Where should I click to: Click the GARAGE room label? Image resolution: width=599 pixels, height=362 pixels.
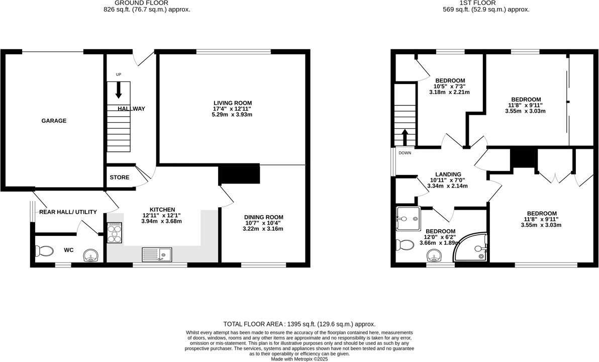tap(54, 121)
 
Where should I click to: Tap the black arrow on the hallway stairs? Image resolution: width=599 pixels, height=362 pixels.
tap(119, 90)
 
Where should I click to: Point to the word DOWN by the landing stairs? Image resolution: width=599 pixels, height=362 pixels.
tap(405, 153)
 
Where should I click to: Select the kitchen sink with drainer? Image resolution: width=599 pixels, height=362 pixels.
tap(157, 255)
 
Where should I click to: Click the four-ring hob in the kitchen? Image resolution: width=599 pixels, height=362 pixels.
tap(115, 233)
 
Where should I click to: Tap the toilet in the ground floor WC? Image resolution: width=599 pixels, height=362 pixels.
tap(44, 250)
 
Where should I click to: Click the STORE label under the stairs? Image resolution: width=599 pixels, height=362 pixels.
tap(119, 177)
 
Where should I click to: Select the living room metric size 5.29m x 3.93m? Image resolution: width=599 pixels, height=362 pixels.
tap(232, 115)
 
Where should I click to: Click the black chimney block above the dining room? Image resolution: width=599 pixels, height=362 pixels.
tap(239, 174)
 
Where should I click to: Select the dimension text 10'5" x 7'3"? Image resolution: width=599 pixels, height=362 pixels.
tap(450, 86)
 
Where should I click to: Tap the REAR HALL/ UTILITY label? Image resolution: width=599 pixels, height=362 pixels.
tap(68, 212)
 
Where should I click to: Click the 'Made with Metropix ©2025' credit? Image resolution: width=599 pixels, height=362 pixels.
tap(299, 359)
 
